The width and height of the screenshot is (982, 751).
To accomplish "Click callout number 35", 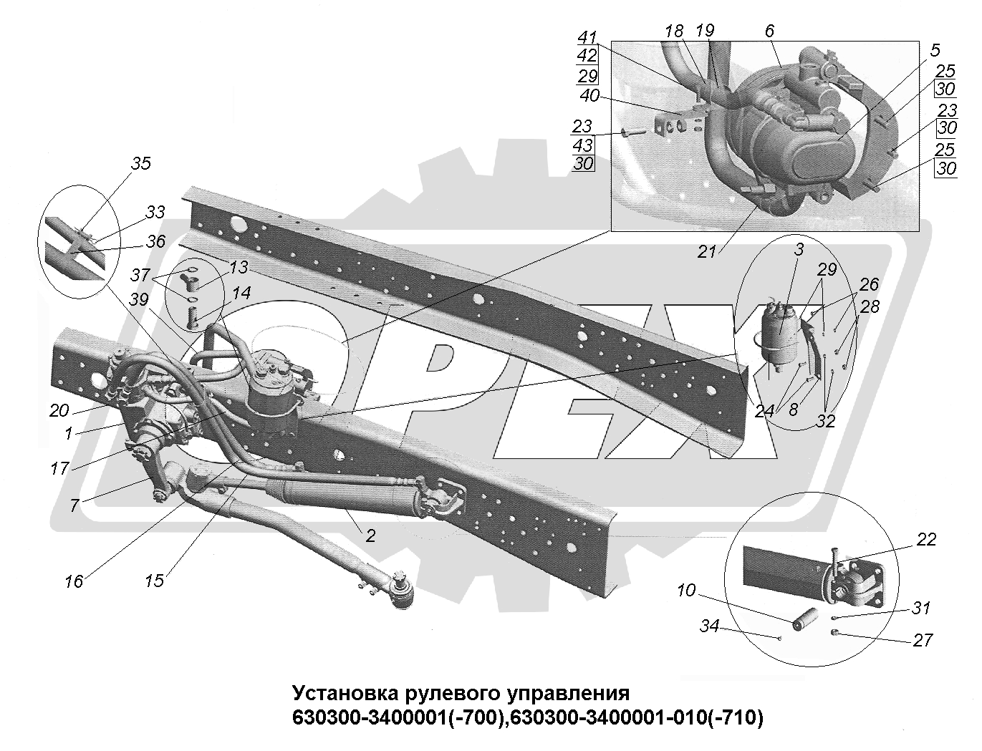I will click(x=141, y=163).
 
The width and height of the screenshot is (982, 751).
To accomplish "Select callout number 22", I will click(x=926, y=540).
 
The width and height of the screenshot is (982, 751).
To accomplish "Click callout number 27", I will click(x=923, y=639).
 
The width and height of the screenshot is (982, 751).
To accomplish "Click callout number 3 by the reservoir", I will click(x=799, y=249).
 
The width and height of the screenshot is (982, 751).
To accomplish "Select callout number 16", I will click(x=74, y=581).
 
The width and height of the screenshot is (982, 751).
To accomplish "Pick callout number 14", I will click(x=241, y=292).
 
